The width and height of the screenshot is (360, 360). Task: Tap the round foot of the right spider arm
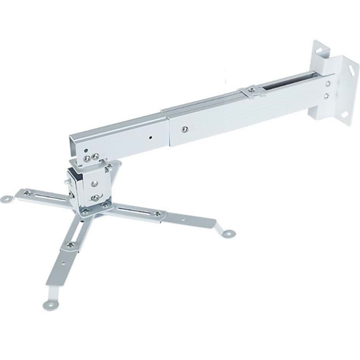pos(228,233)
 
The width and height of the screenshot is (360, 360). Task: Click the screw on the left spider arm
pos(27,193)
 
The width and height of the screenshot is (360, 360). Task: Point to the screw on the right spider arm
pos(157,213)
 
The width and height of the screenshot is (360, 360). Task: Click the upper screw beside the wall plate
pos(328,83)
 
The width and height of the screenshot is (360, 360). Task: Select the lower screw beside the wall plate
pos(326,96)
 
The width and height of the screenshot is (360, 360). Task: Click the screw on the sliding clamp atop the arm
pos(252,88)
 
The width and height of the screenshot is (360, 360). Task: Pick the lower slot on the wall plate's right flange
pos(345,114)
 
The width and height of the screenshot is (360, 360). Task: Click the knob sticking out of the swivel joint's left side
pos(67,183)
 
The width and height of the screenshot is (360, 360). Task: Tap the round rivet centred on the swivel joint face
pos(94,184)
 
